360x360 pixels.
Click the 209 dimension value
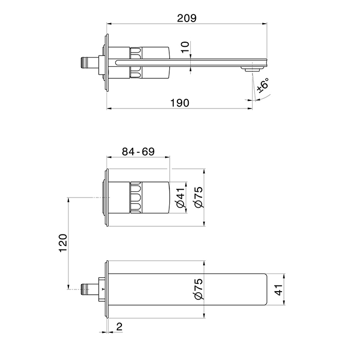[x=187, y=18]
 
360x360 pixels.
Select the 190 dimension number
[x=179, y=103]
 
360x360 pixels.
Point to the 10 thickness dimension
[x=185, y=47]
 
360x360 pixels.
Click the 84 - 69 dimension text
[x=138, y=152]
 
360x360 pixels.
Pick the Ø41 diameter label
[x=181, y=197]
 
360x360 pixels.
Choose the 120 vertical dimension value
[x=63, y=243]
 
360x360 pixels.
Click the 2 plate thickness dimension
[x=119, y=327]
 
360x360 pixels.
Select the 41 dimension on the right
[x=279, y=290]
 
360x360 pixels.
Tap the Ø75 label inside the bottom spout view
[x=199, y=289]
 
